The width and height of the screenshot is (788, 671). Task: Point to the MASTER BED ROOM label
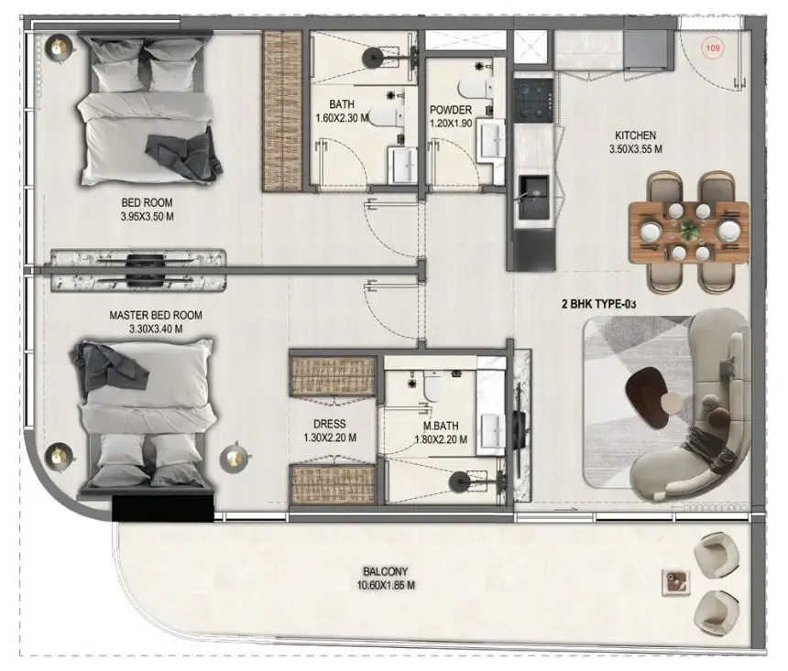click(x=156, y=315)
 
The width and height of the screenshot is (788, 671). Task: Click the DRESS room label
click(x=329, y=424)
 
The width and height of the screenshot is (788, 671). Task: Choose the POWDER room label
click(x=451, y=110)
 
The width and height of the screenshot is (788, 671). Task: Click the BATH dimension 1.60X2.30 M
click(x=343, y=118)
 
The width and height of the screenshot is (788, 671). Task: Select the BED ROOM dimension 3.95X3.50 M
click(x=147, y=216)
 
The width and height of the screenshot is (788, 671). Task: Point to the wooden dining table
click(x=689, y=232)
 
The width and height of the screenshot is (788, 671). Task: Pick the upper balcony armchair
click(x=716, y=553)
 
